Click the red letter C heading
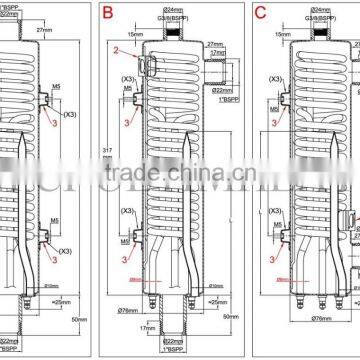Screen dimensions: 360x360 [x=260, y=14]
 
